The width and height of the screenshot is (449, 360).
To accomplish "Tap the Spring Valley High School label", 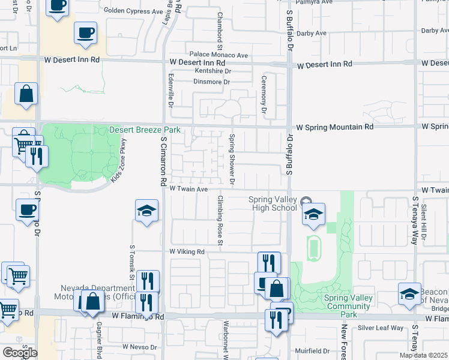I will coord(273,204).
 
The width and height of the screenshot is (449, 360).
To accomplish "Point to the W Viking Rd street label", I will coord(187,252).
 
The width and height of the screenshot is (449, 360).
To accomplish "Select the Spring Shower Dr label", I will coord(232,160).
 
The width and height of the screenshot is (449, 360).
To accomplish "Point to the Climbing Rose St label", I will coord(220,220).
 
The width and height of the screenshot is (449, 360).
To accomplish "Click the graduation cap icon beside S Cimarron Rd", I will coord(146,211).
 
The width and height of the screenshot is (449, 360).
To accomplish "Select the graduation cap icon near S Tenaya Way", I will coord(409,294).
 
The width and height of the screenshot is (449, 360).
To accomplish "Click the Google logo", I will coord(20,353).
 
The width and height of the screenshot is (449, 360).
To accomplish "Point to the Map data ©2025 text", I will coord(424,355).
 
